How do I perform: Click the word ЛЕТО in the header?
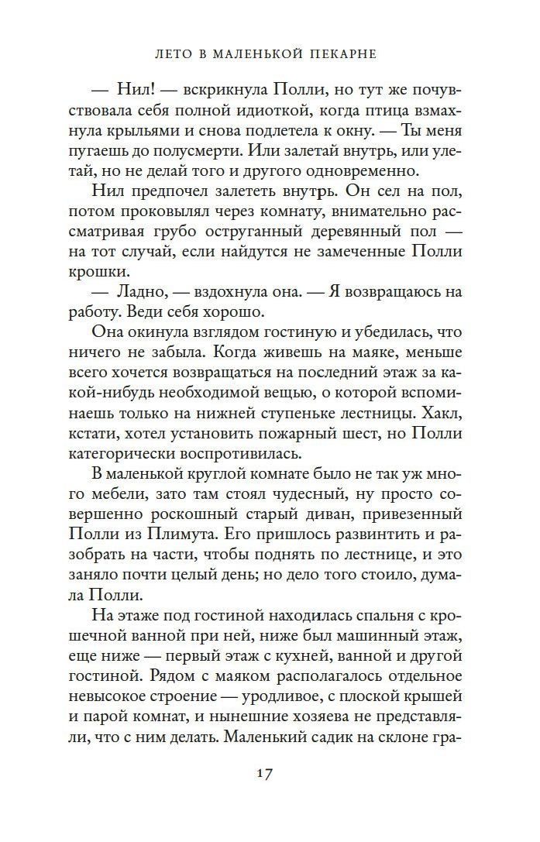169,55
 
